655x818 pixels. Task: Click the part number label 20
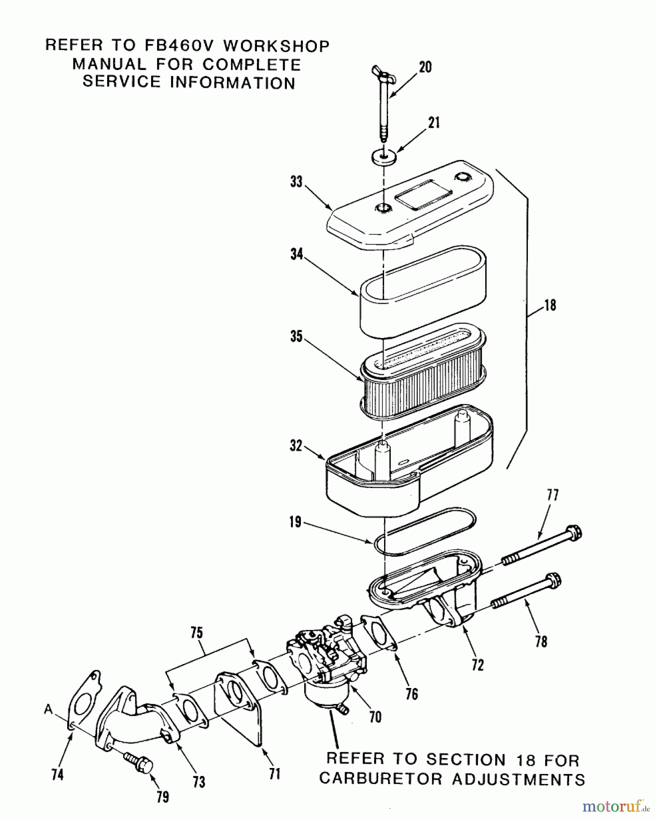(425, 67)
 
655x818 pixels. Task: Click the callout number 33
(296, 182)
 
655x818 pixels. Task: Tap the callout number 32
(296, 446)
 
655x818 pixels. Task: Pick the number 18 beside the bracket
(550, 305)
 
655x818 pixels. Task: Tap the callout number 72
(478, 665)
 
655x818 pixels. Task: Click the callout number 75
(197, 633)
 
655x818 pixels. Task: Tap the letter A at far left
(49, 709)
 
